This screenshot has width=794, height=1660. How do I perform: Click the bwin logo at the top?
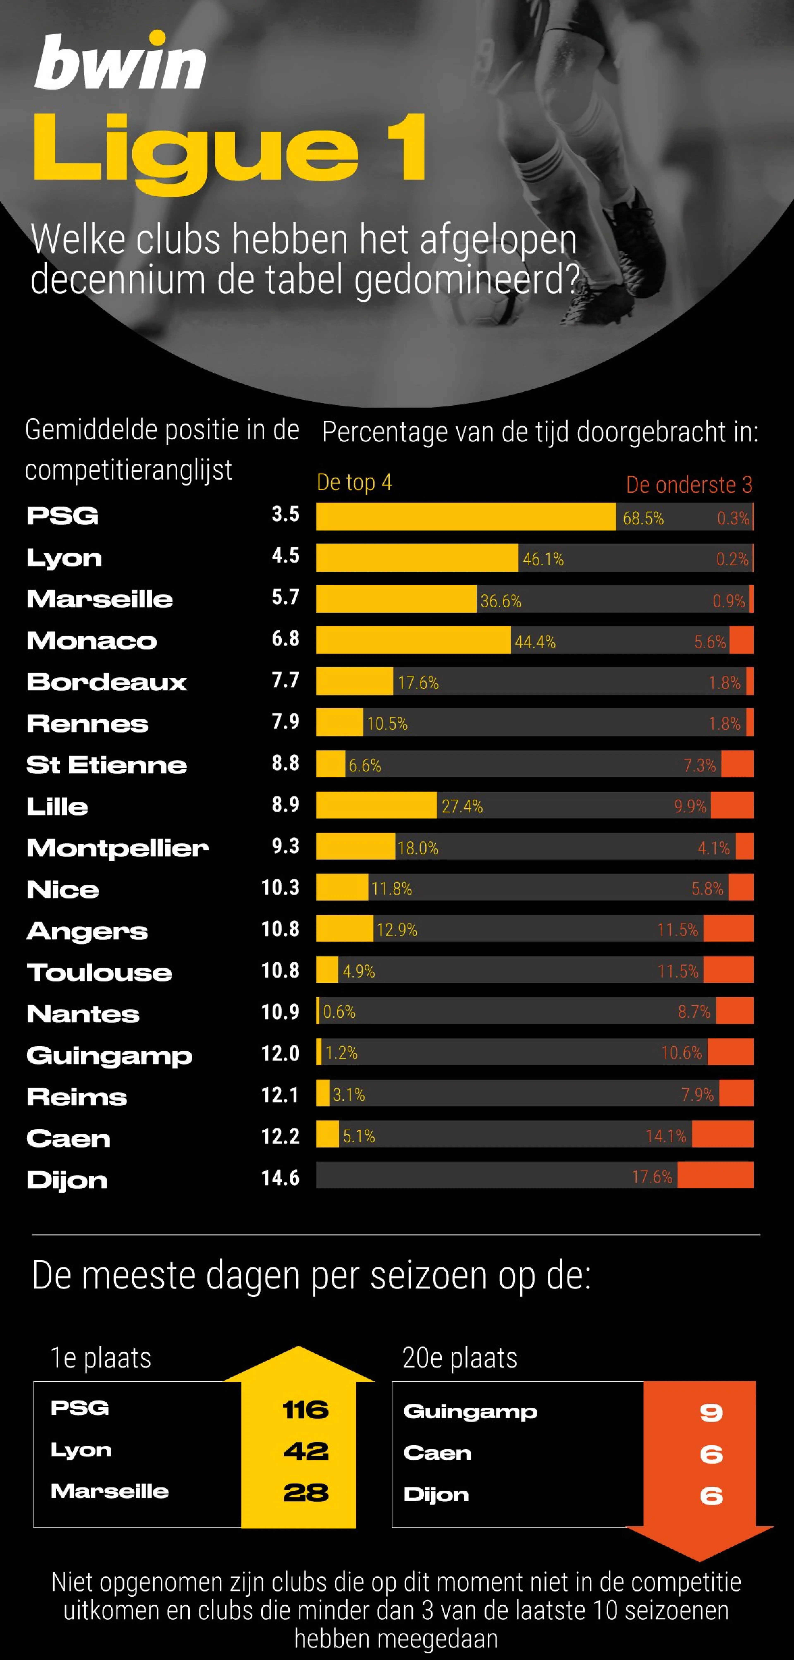click(x=120, y=63)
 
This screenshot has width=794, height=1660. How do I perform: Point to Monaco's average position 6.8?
click(x=285, y=639)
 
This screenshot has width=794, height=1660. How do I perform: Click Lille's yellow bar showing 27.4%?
click(x=376, y=805)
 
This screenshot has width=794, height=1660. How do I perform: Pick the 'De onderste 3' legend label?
click(x=689, y=485)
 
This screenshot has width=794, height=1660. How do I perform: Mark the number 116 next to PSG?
click(x=305, y=1410)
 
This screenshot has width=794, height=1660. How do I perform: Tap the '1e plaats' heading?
click(x=101, y=1358)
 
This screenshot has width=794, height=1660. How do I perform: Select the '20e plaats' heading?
click(x=460, y=1358)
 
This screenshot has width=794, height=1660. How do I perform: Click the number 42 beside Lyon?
click(x=305, y=1451)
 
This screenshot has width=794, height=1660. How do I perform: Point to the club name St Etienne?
click(x=107, y=765)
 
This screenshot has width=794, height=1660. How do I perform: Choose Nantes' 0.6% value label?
click(x=339, y=1012)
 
